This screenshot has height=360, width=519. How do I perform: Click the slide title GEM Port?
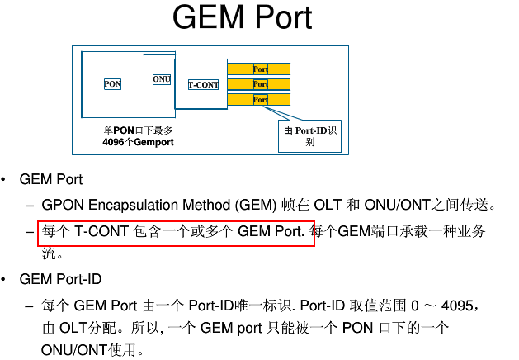coord(242,20)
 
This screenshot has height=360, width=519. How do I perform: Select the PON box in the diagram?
coord(113,84)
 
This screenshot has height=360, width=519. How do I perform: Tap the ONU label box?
coord(161,78)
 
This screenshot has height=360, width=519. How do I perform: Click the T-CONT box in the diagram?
coord(203,84)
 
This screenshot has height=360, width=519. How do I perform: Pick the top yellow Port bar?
coord(260,69)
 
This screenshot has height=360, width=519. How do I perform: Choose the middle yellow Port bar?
coord(260,84)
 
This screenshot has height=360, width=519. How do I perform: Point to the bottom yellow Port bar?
coord(260,99)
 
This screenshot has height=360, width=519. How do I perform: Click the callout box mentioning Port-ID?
coord(309,136)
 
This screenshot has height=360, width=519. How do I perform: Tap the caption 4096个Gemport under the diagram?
coord(138,142)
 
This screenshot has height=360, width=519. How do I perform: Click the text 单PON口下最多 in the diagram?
coord(138,130)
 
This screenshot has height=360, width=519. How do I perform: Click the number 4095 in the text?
coord(458,306)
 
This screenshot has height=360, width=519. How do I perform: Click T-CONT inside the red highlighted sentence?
coord(101,231)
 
